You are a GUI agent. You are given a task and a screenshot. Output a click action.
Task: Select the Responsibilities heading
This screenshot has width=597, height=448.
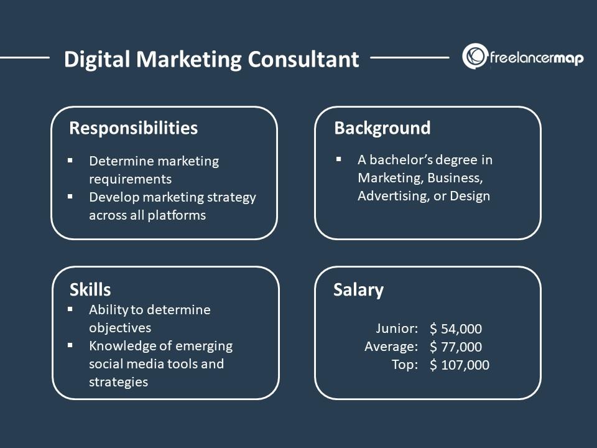click(x=133, y=128)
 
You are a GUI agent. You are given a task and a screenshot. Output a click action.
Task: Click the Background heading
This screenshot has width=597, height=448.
click(x=382, y=128)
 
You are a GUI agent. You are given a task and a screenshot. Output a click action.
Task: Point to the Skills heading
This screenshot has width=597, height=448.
click(x=90, y=289)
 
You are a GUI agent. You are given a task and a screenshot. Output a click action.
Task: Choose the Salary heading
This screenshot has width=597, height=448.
click(x=358, y=290)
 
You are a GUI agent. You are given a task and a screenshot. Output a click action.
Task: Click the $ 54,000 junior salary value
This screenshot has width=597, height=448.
click(x=456, y=329)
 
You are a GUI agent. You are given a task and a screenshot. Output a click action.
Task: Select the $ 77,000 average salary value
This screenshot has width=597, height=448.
click(x=456, y=347)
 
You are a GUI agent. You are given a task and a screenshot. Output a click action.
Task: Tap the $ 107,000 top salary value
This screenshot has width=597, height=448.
click(x=460, y=365)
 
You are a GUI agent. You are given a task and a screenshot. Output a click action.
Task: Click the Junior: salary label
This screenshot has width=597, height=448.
click(x=397, y=329)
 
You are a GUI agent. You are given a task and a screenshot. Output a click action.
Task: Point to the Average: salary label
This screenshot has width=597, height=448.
click(x=391, y=347)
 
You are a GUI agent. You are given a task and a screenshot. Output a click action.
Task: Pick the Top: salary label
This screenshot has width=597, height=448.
click(x=405, y=365)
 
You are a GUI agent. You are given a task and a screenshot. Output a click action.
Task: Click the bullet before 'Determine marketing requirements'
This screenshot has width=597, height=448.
click(x=70, y=161)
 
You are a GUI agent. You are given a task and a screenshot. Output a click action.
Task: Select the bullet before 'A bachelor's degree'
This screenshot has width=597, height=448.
click(x=339, y=159)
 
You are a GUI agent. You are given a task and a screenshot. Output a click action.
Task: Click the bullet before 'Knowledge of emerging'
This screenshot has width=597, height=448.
click(x=70, y=345)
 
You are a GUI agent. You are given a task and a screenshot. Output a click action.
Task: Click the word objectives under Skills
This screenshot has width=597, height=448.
click(x=120, y=327)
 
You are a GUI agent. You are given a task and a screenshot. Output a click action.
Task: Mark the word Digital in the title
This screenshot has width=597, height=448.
click(x=98, y=60)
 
